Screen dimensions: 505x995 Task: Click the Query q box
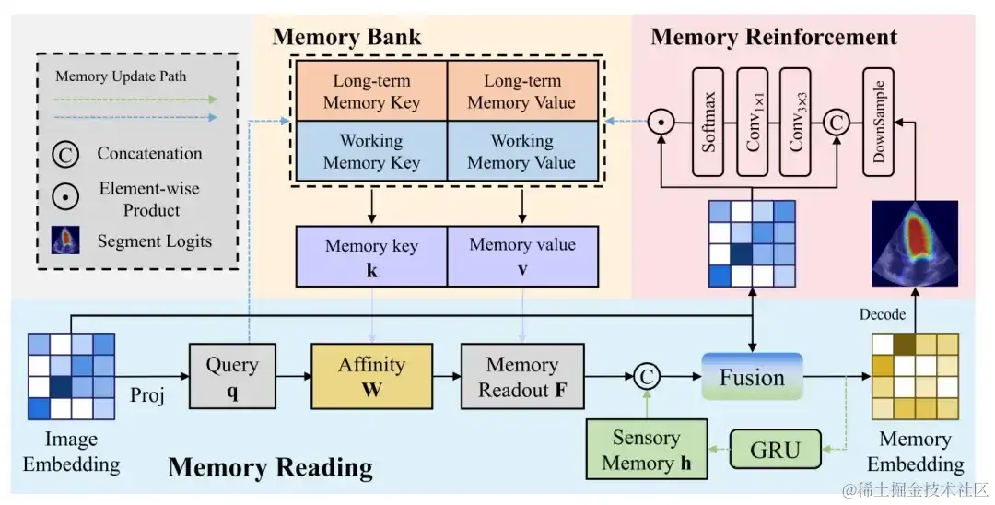click(232, 376)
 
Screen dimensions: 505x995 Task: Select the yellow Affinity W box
click(371, 376)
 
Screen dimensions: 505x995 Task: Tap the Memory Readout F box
click(522, 376)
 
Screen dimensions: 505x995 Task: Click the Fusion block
click(752, 377)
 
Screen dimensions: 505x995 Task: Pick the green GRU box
click(774, 451)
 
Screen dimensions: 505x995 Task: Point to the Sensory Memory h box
click(646, 450)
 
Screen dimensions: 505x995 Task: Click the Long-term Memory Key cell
click(371, 91)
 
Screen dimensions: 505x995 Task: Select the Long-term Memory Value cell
click(521, 91)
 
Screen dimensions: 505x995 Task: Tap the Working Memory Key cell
click(371, 152)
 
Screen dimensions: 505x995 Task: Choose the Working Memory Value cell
click(521, 152)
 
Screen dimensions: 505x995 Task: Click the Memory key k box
click(371, 256)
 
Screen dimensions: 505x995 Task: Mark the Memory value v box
click(521, 256)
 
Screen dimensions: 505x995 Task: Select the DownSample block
click(879, 122)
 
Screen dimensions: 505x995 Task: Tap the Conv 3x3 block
click(799, 122)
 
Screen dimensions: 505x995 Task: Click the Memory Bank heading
click(346, 38)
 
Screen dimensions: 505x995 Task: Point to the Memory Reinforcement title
click(774, 38)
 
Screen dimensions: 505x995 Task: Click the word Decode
click(882, 314)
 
